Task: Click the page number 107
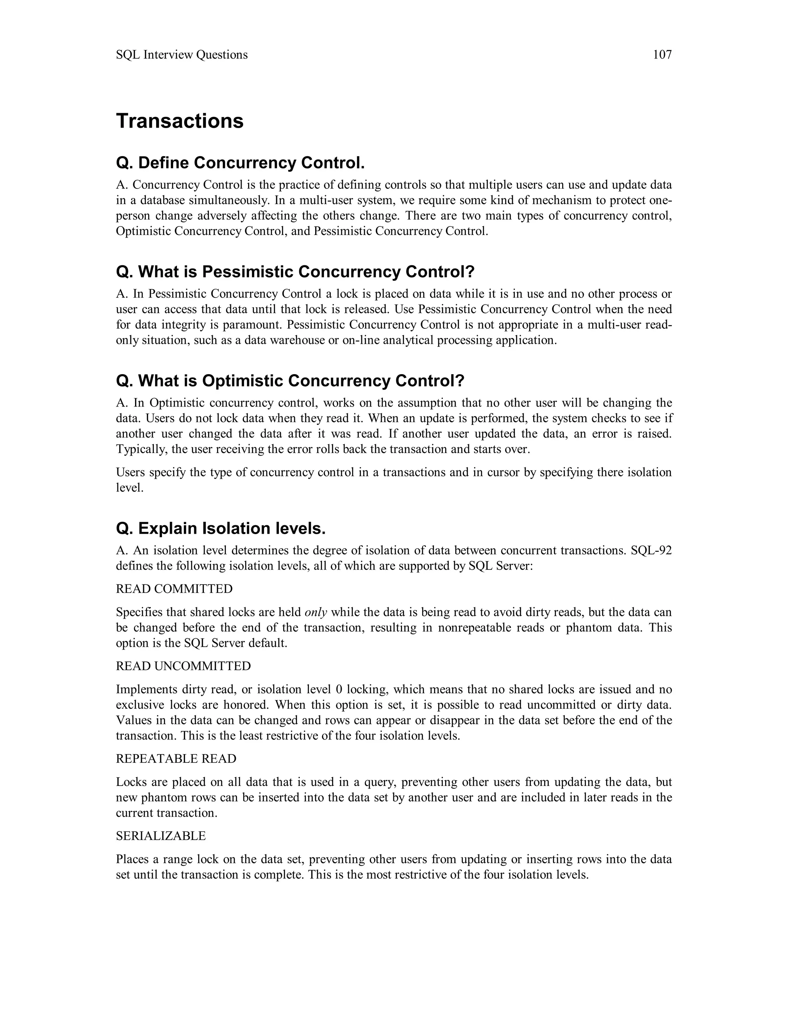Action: [662, 55]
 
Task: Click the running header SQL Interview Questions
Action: [182, 55]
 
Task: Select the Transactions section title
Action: [180, 121]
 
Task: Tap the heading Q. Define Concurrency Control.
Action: [240, 163]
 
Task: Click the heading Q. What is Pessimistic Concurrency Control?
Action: [295, 271]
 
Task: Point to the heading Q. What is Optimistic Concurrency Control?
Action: [290, 381]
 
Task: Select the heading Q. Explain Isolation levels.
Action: [220, 529]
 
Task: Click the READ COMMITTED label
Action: [174, 589]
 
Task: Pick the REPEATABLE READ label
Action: [176, 759]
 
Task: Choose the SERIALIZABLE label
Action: [160, 836]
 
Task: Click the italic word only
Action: [316, 612]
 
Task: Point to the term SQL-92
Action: [651, 551]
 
